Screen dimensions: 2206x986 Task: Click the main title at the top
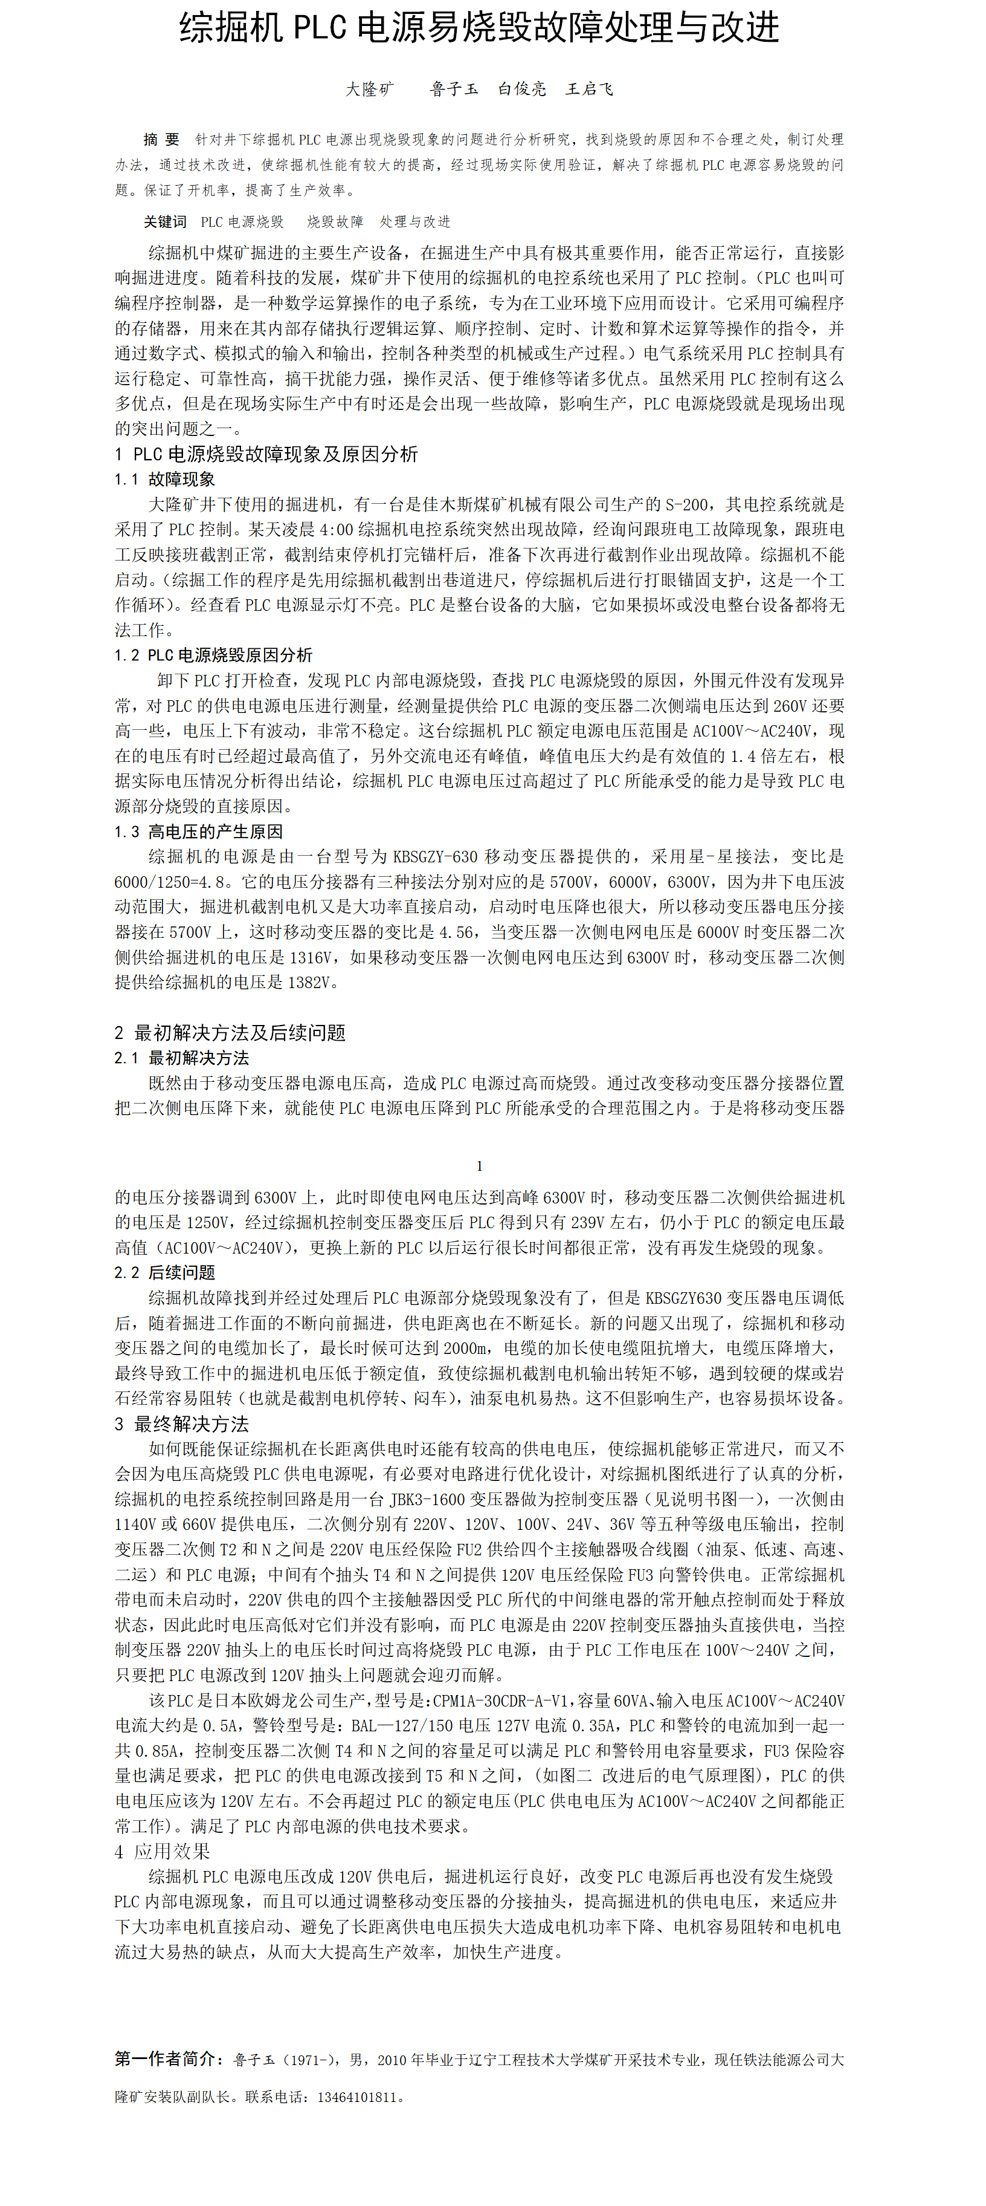coord(479,28)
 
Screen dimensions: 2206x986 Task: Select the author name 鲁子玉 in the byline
coord(454,89)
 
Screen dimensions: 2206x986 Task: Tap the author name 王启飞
coord(589,89)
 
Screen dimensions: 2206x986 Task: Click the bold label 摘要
coord(162,140)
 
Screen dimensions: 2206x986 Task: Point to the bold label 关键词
coord(164,222)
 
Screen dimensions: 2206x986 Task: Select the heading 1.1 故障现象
coord(164,479)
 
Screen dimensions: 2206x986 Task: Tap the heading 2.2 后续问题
coord(164,1272)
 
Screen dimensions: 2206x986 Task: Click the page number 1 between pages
coord(479,1165)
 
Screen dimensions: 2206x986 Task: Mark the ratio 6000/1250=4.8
coord(174,881)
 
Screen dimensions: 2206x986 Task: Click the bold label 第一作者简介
coord(169,2058)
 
